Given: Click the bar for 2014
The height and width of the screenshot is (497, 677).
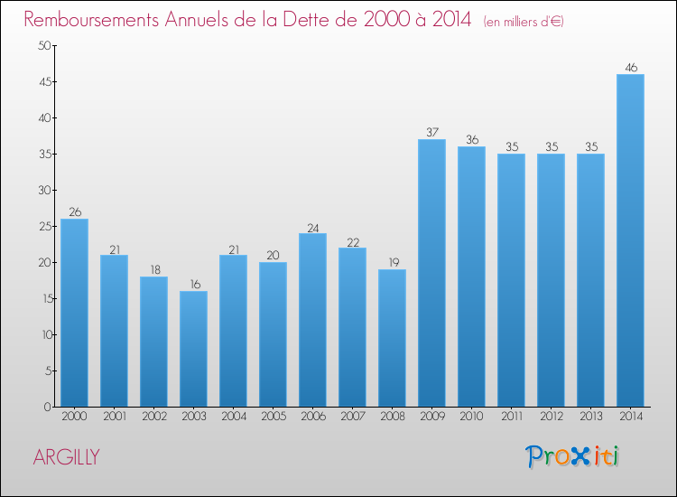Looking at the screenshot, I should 630,240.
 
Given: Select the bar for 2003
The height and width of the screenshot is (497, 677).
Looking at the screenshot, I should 193,349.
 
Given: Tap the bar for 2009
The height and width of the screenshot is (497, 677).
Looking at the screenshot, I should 431,273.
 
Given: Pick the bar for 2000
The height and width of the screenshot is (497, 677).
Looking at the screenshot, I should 74,313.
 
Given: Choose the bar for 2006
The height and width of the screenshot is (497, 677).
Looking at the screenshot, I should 312,320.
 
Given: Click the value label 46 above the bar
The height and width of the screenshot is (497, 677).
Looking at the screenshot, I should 630,68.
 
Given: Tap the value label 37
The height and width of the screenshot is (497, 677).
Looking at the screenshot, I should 431,133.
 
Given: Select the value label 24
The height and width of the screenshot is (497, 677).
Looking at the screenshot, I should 312,227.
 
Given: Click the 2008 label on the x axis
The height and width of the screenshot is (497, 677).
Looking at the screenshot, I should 392,417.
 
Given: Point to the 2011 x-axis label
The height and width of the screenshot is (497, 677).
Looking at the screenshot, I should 511,417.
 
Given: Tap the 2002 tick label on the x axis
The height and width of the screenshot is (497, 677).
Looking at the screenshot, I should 153,417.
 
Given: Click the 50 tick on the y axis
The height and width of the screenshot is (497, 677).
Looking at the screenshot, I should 42,46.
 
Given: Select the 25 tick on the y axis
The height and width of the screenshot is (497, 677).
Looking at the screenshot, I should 42,227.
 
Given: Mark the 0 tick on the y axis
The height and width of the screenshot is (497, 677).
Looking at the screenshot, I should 46,408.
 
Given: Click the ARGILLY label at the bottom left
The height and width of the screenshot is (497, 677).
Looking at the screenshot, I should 66,457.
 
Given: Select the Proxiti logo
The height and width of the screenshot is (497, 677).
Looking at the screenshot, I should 571,456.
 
